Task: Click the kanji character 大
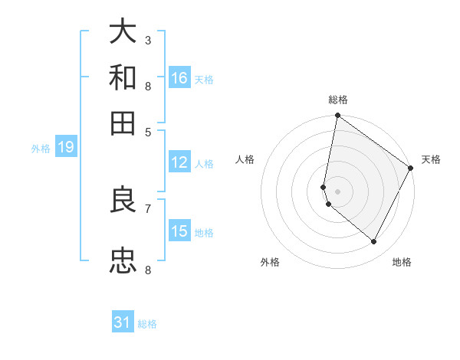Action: pyautogui.click(x=123, y=32)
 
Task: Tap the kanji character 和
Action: pyautogui.click(x=123, y=77)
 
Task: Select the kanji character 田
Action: pyautogui.click(x=123, y=123)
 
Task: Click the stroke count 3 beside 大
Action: pyautogui.click(x=148, y=39)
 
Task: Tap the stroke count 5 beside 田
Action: pyautogui.click(x=148, y=131)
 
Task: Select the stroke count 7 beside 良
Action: pyautogui.click(x=148, y=208)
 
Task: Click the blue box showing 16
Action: pyautogui.click(x=179, y=78)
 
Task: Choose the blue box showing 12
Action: pyautogui.click(x=179, y=162)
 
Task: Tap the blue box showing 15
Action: pyautogui.click(x=179, y=231)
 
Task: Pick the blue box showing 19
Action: pyautogui.click(x=66, y=148)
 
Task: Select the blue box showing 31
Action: pyautogui.click(x=123, y=323)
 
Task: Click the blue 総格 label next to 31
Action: pyautogui.click(x=147, y=324)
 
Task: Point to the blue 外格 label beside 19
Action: pyautogui.click(x=41, y=149)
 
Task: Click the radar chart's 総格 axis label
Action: pyautogui.click(x=338, y=100)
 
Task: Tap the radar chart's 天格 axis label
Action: pyautogui.click(x=431, y=159)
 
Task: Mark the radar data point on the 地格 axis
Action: pyautogui.click(x=374, y=242)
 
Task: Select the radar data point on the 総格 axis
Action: pyautogui.click(x=337, y=116)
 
